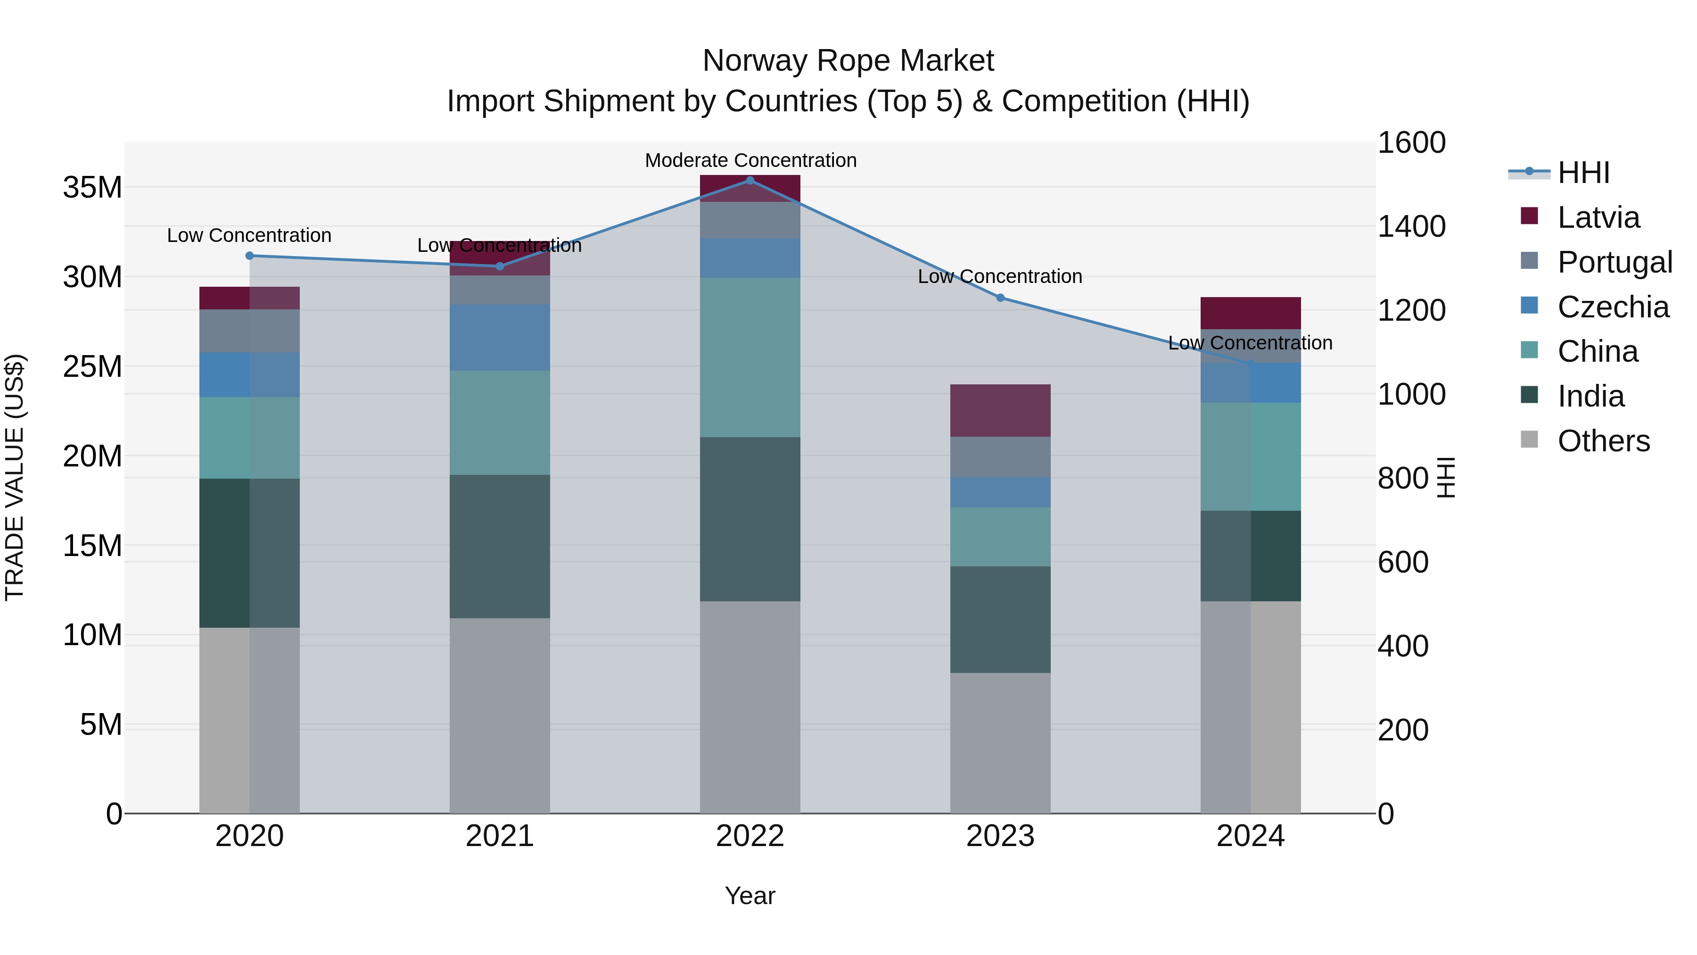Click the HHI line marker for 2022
(750, 180)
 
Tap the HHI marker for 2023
(1000, 298)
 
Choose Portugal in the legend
(1614, 262)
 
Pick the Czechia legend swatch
(1529, 306)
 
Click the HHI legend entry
(1583, 172)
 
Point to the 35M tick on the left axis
(92, 187)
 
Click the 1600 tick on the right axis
(1411, 142)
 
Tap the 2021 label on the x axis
(499, 836)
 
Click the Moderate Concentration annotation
(750, 160)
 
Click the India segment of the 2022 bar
(750, 519)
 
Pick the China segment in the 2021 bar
(499, 423)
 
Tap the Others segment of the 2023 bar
(1000, 743)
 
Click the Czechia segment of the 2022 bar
(750, 257)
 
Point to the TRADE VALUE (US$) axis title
(15, 477)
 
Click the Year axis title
(750, 896)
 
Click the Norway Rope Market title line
(848, 61)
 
